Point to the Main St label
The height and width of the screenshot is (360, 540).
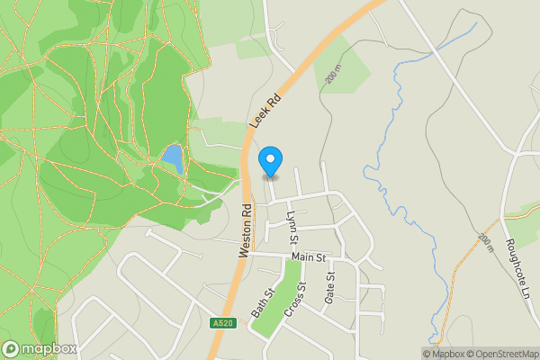[308, 258]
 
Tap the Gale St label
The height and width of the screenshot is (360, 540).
[329, 287]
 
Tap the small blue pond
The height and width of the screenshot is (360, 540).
[172, 160]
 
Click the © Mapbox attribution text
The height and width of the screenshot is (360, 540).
[445, 354]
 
